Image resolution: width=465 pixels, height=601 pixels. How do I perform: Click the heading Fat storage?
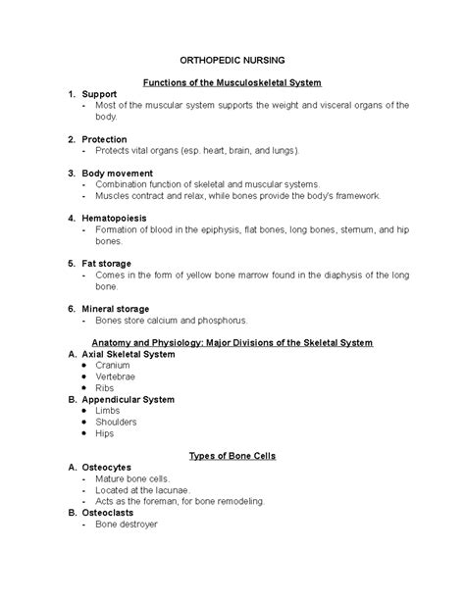pyautogui.click(x=110, y=264)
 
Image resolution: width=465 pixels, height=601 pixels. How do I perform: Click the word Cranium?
pyautogui.click(x=113, y=365)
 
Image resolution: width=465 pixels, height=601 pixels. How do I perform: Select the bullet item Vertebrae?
pyautogui.click(x=116, y=376)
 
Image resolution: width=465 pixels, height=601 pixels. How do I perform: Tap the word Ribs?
pyautogui.click(x=105, y=388)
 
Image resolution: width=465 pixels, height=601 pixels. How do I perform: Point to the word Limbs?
pyautogui.click(x=108, y=413)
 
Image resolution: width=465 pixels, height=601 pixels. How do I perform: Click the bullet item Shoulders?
pyautogui.click(x=118, y=425)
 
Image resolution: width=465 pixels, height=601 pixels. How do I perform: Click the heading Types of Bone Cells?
pyautogui.click(x=233, y=456)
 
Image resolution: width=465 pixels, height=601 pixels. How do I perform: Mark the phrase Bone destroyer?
pyautogui.click(x=127, y=524)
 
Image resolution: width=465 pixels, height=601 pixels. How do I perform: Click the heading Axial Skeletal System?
pyautogui.click(x=132, y=353)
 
